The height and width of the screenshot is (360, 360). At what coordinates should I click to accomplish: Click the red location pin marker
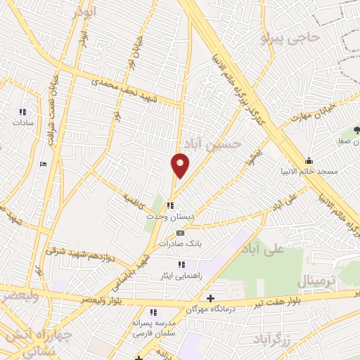coord(180,165)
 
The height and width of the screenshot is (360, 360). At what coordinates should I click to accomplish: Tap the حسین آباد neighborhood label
coord(217,143)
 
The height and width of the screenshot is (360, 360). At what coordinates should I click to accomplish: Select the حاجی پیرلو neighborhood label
coord(290,38)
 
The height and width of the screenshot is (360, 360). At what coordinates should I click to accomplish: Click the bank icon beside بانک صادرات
coord(180,233)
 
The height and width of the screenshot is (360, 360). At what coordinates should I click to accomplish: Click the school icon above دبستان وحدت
coord(170,206)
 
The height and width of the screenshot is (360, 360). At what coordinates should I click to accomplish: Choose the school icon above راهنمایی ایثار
coord(181,264)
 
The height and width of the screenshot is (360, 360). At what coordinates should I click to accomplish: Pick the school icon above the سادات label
coord(22,111)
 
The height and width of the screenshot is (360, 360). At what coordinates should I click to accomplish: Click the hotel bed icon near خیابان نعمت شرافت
coord(44,165)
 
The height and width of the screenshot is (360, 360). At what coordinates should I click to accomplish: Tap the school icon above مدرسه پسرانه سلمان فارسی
coord(152,312)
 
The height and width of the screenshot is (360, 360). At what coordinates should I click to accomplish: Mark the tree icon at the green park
coord(356,130)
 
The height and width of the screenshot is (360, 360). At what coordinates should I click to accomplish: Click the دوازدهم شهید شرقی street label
coord(77,252)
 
